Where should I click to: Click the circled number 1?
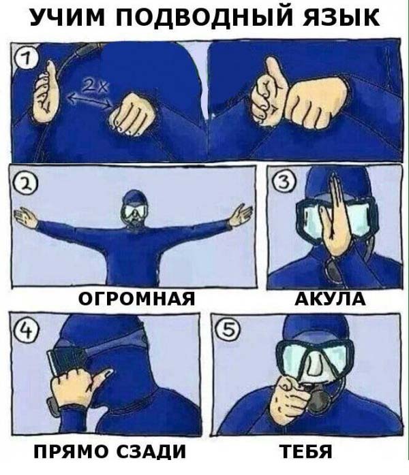tap(26, 59)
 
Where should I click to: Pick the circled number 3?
tap(284, 182)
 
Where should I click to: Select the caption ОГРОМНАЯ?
tap(136, 299)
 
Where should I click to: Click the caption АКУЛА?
tap(330, 299)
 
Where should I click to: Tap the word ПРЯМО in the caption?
tap(71, 451)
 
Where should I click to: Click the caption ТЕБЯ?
tap(305, 451)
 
